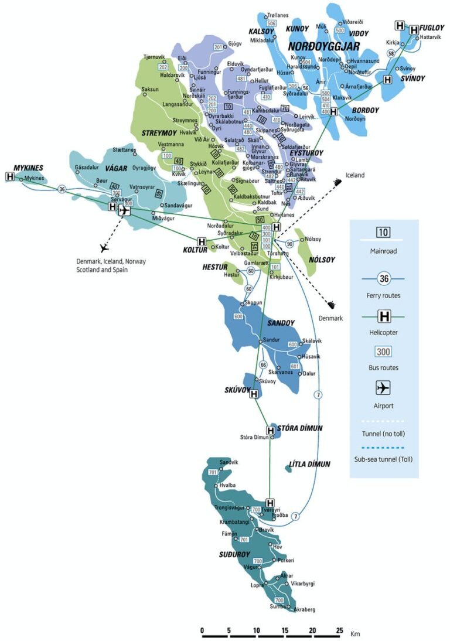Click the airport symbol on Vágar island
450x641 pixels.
(x=124, y=210)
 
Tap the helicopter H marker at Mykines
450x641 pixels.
(x=10, y=176)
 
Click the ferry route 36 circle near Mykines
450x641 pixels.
(x=62, y=189)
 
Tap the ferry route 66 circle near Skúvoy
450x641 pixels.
(x=263, y=365)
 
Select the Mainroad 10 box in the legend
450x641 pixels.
(x=383, y=231)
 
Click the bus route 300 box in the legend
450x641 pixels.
(x=383, y=352)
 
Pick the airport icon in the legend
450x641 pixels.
(x=383, y=388)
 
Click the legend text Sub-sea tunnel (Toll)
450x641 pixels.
(x=383, y=459)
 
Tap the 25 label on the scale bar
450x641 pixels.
(x=339, y=630)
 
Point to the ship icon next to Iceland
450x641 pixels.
(x=336, y=182)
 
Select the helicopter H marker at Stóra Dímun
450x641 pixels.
(x=271, y=431)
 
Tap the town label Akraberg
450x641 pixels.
(x=304, y=609)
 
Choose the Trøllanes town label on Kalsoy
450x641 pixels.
(x=279, y=16)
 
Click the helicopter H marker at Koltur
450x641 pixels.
(x=202, y=241)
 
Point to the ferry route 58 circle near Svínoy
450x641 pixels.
(x=391, y=54)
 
